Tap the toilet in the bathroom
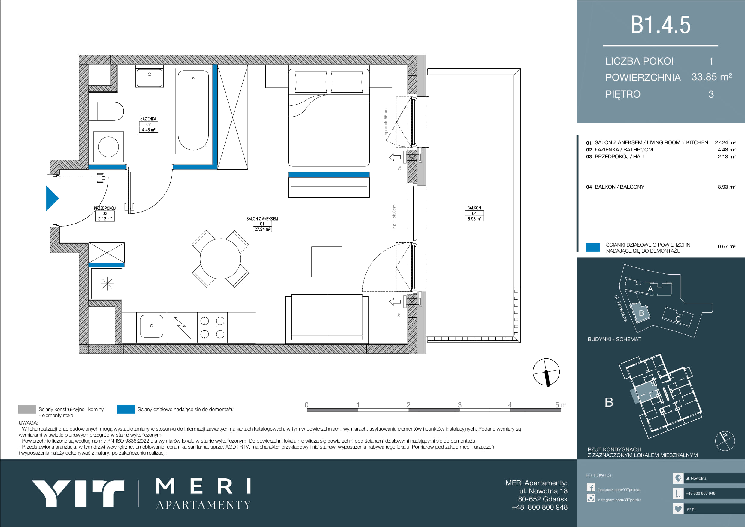[106, 111]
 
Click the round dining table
[220, 259]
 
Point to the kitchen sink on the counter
[152, 326]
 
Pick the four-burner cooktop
[212, 327]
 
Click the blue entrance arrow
[52, 198]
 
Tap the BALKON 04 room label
[474, 213]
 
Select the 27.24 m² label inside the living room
[262, 229]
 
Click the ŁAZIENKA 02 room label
[148, 124]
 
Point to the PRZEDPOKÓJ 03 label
[105, 213]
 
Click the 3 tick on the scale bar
[459, 405]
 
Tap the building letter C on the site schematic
[678, 319]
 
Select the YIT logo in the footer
[78, 493]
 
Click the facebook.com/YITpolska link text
[619, 490]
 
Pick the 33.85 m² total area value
[712, 77]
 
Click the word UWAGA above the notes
[28, 423]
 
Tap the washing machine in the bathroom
[108, 147]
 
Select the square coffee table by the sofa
[327, 262]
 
